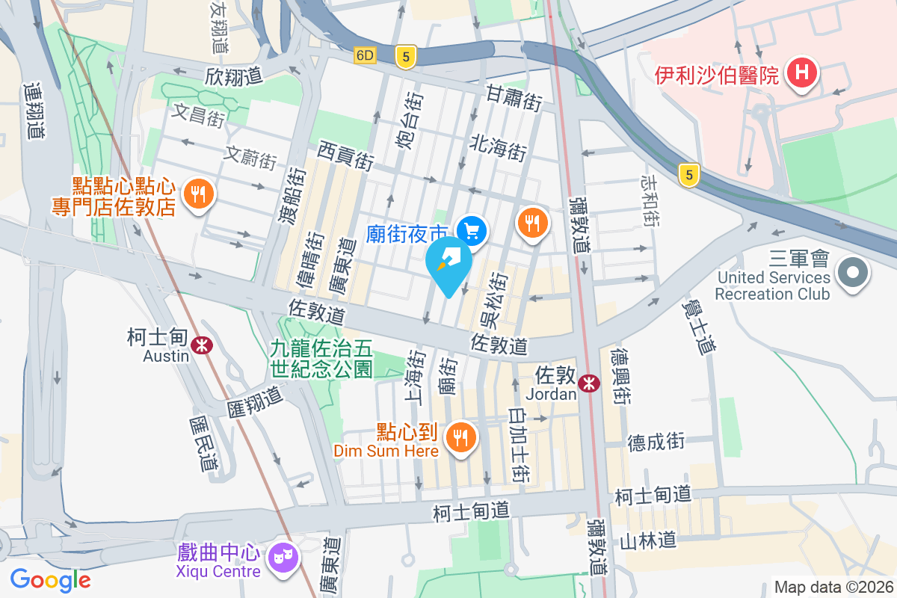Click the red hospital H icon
[803, 73]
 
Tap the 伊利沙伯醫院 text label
[718, 75]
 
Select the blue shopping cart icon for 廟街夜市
[472, 231]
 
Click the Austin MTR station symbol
[201, 345]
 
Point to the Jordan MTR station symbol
[590, 383]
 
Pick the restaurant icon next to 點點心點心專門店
[198, 195]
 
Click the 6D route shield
[365, 55]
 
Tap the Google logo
[51, 579]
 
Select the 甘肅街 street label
[514, 98]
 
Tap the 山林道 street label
[648, 540]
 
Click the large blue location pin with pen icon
[449, 265]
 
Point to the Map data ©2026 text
[833, 588]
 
